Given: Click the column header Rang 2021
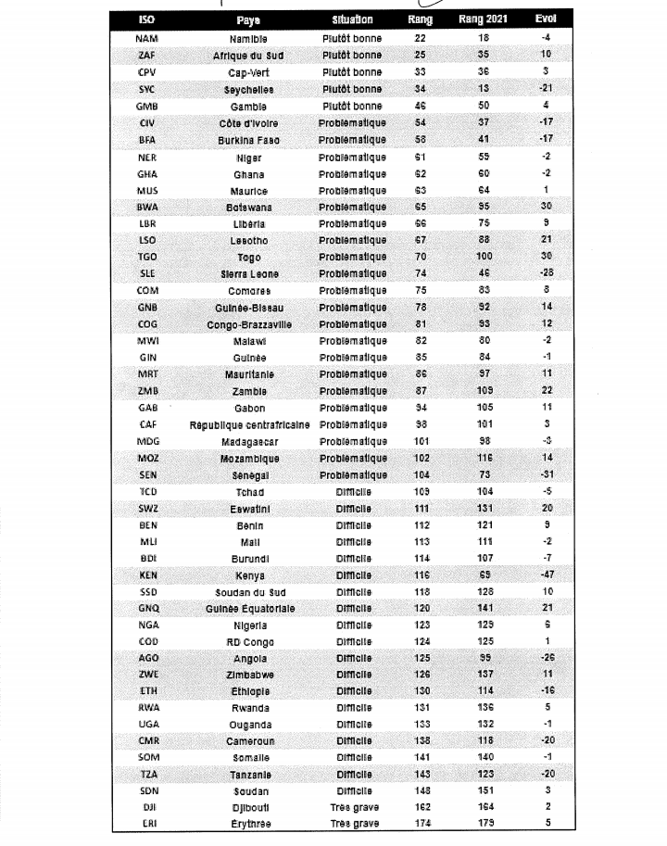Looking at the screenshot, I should pos(483,19).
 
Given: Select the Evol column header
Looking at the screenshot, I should pos(546,19).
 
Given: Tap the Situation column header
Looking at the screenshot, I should pos(352,19).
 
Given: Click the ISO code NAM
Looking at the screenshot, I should pos(146,39).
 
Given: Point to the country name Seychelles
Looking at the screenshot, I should pos(248,90).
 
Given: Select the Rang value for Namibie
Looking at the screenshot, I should pos(420,39).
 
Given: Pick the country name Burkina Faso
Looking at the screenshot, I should pos(248,140).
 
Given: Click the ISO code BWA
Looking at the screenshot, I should pos(146,208).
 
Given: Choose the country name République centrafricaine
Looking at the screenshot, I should pos(248,425).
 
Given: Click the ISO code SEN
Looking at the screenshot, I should pos(146,475).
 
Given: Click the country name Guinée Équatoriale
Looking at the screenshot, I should pos(248,609).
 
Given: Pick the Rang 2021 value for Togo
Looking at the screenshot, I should pos(483,258).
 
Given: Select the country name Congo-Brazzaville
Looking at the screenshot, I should pos(248,324).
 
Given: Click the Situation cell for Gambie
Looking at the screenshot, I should pos(352,107).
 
